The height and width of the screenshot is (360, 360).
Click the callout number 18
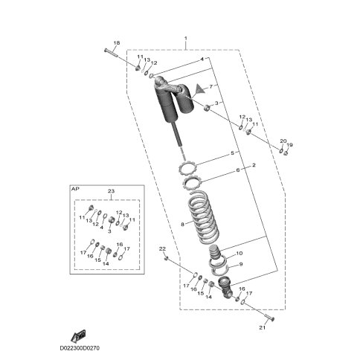click(117, 43)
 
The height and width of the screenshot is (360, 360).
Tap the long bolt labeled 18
click(110, 53)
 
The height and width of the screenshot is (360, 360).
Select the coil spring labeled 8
click(203, 217)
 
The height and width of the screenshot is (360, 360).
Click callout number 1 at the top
click(186, 39)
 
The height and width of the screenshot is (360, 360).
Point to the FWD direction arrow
click(79, 335)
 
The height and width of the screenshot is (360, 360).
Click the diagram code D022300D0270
click(80, 348)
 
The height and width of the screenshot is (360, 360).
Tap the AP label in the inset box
click(75, 189)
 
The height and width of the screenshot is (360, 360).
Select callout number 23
click(111, 191)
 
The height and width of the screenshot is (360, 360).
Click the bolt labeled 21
click(269, 318)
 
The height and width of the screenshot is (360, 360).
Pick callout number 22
click(162, 248)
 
